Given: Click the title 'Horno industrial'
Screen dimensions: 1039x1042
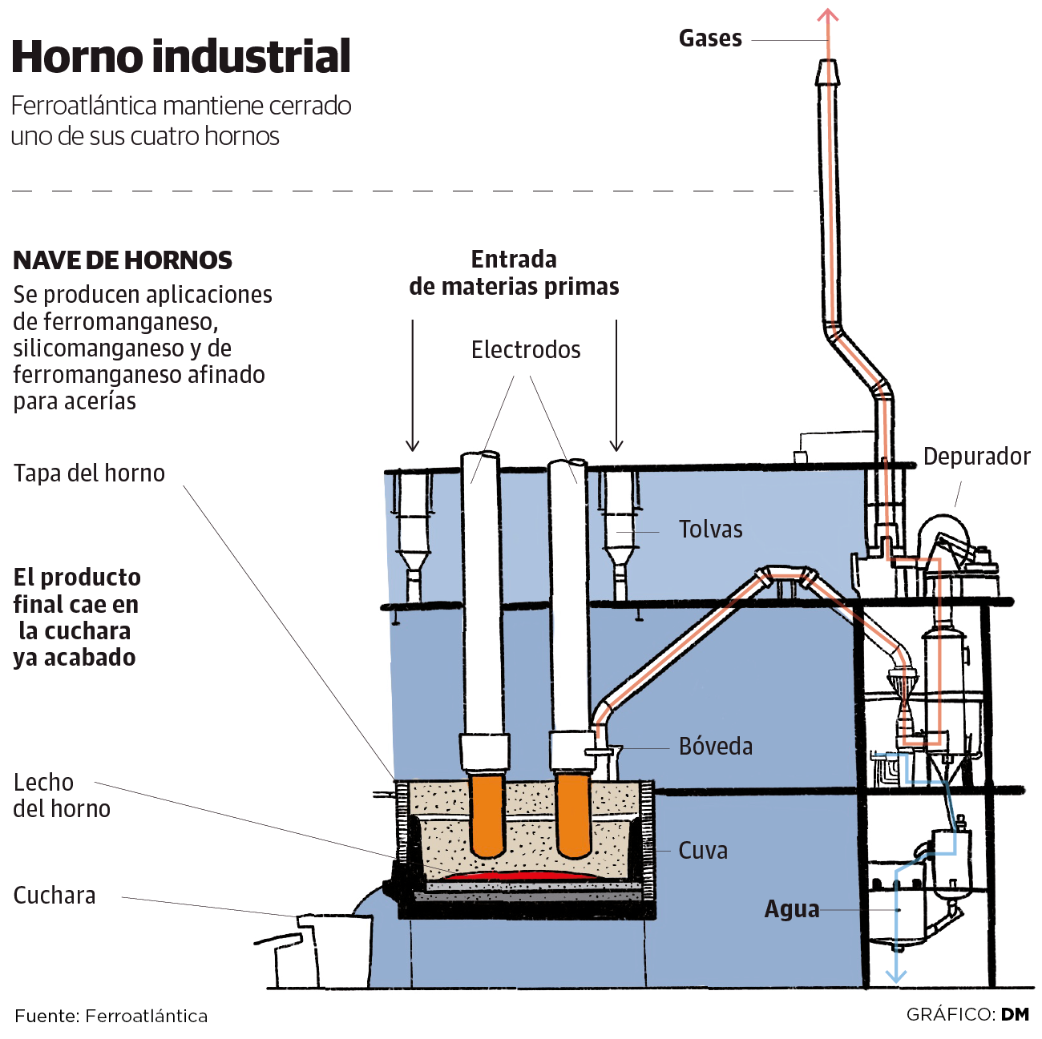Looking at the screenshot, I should coord(181,57).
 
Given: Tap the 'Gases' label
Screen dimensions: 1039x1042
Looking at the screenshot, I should coord(710,38).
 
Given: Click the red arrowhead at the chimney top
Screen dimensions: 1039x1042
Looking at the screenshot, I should coord(828,15).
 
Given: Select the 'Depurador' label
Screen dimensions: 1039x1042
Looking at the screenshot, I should coord(976,457).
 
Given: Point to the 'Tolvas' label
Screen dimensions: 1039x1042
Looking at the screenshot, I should coord(710,530).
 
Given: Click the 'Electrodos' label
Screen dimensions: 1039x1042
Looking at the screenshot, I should coord(526,350).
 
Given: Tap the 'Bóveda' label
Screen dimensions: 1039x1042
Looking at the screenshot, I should coord(716,747).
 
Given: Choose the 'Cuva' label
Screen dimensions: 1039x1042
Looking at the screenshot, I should coord(703,851).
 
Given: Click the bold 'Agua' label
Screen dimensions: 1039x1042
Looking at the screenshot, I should coord(792,910).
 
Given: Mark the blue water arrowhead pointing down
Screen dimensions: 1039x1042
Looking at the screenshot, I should coord(895,975).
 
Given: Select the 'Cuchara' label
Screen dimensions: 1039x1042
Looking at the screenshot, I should coord(55,896).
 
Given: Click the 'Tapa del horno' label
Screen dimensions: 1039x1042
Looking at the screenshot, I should coord(89,473).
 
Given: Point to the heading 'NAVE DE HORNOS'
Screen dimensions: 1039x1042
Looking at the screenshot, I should coord(123,260).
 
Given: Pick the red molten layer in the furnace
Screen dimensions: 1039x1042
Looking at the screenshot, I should coord(521,876).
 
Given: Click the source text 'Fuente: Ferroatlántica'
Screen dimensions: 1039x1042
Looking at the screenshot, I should coord(111,1017).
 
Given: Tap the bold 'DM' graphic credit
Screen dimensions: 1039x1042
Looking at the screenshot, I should coord(1015,1015).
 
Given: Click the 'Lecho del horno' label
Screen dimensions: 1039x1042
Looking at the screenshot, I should coord(62,795).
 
